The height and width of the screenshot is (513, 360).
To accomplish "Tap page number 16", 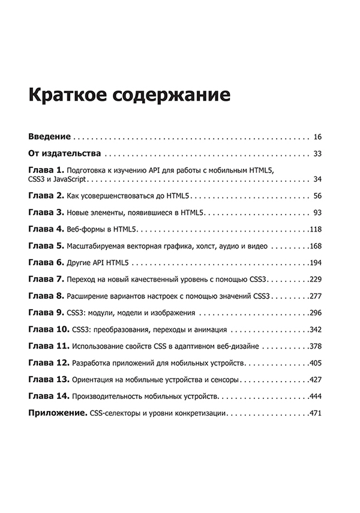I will point(318,136).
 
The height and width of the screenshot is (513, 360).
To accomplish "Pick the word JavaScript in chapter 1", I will point(72,179).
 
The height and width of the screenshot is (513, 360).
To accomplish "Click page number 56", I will point(318,196).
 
